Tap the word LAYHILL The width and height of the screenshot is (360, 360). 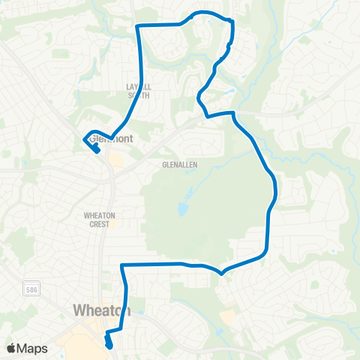pyautogui.click(x=139, y=87)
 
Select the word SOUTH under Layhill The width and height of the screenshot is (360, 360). pyautogui.click(x=139, y=96)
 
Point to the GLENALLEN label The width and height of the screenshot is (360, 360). pyautogui.click(x=178, y=165)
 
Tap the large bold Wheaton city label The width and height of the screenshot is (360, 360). pyautogui.click(x=102, y=310)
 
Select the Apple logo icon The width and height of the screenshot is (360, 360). pyautogui.click(x=10, y=348)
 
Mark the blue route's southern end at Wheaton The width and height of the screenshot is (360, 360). pyautogui.click(x=109, y=345)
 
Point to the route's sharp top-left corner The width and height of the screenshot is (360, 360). pyautogui.click(x=136, y=25)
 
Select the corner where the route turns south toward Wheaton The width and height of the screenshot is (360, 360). pyautogui.click(x=122, y=265)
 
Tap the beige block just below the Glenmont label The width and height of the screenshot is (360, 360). pyautogui.click(x=116, y=158)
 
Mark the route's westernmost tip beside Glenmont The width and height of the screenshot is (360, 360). pyautogui.click(x=82, y=138)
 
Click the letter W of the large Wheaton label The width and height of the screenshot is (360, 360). pyautogui.click(x=79, y=310)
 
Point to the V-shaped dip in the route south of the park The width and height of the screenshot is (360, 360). pyautogui.click(x=221, y=273)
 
